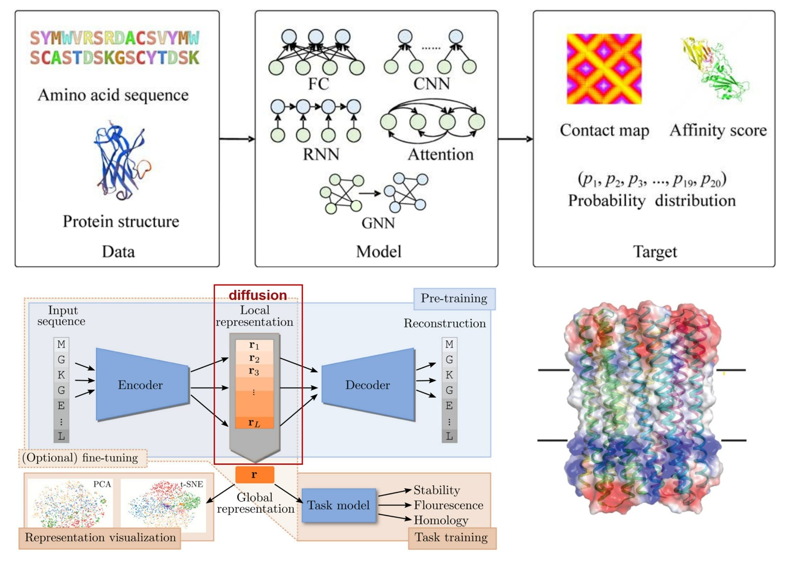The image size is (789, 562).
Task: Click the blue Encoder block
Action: pyautogui.click(x=141, y=385)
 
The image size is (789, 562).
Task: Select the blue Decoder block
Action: pyautogui.click(x=368, y=385)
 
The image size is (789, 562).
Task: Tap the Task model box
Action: pyautogui.click(x=338, y=505)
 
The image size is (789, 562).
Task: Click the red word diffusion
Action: pyautogui.click(x=257, y=295)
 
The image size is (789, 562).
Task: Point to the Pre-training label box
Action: pyautogui.click(x=454, y=299)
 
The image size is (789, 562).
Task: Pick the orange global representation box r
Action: pyautogui.click(x=254, y=475)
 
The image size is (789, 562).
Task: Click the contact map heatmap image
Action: pyautogui.click(x=604, y=69)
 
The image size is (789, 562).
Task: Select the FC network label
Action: pyautogui.click(x=319, y=84)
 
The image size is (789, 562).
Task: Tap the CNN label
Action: pyautogui.click(x=431, y=84)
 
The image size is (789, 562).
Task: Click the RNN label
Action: pyautogui.click(x=321, y=154)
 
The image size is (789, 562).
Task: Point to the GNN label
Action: pyautogui.click(x=378, y=223)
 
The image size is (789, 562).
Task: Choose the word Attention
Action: pyautogui.click(x=440, y=154)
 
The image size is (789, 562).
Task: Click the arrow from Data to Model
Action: pyautogui.click(x=237, y=139)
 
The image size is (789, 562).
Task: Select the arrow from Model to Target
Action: pyautogui.click(x=515, y=139)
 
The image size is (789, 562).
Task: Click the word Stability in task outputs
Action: pyautogui.click(x=436, y=490)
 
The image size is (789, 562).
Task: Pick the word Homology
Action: pyautogui.click(x=441, y=520)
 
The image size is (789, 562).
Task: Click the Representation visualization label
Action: pyautogui.click(x=100, y=537)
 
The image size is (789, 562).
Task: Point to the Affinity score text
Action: pyautogui.click(x=718, y=130)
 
